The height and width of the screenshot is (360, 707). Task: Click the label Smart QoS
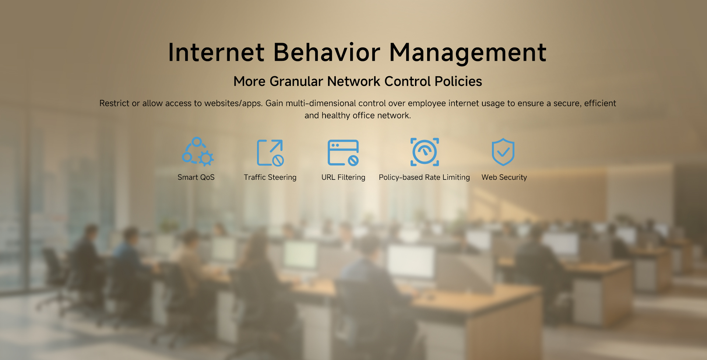[x=196, y=177]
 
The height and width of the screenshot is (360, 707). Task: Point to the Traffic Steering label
[x=270, y=177]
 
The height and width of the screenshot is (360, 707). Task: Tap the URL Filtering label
[x=343, y=177]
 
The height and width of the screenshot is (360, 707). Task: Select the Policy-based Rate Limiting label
[x=424, y=177]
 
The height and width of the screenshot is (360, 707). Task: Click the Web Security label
[x=504, y=177]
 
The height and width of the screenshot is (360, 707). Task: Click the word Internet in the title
[x=216, y=52]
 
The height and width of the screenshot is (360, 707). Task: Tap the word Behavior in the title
[x=327, y=52]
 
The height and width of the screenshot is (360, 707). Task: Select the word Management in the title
[x=468, y=53]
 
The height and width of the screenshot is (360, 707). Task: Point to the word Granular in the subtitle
[x=296, y=81]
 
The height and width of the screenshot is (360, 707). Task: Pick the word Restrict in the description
[x=114, y=103]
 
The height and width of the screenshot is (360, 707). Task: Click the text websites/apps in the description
[x=233, y=104]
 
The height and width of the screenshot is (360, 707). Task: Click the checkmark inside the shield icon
[x=503, y=151]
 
